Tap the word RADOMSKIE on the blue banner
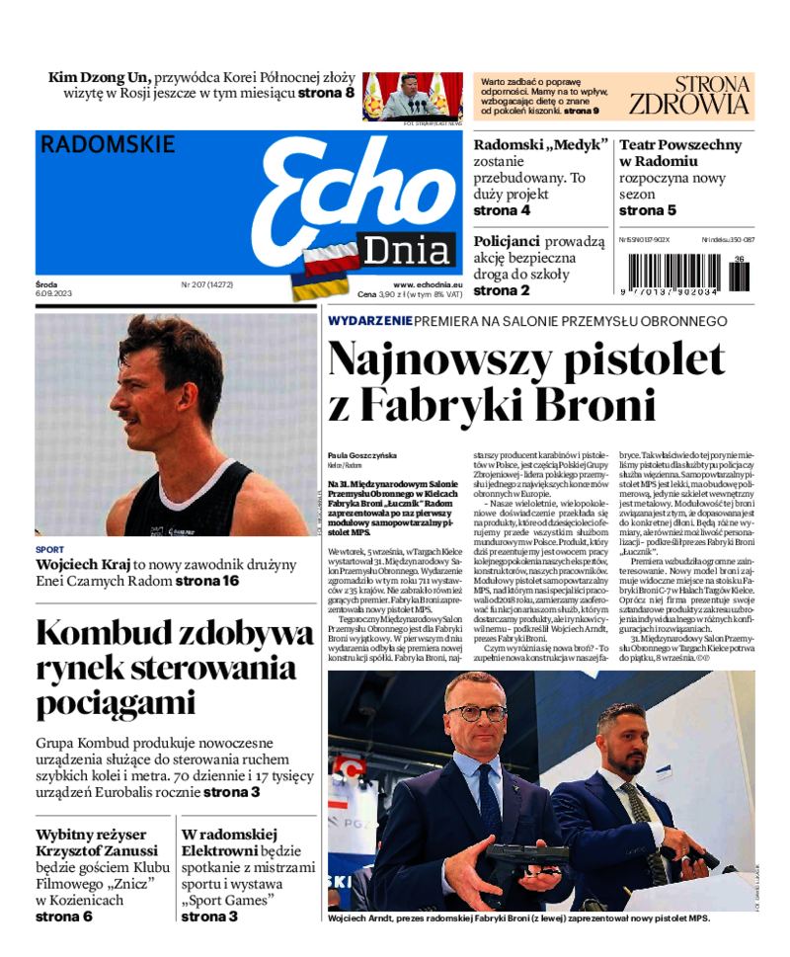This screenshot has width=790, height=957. pyautogui.click(x=108, y=144)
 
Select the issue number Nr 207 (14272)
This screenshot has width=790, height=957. pyautogui.click(x=206, y=284)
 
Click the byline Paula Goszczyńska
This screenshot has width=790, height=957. pyautogui.click(x=359, y=455)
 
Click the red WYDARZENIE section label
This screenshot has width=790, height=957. pyautogui.click(x=369, y=321)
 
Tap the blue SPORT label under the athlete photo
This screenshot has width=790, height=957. pyautogui.click(x=49, y=549)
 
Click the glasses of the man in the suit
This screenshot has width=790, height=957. pyautogui.click(x=476, y=712)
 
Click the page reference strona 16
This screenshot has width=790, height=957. pyautogui.click(x=207, y=581)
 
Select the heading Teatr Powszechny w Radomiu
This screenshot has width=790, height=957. pyautogui.click(x=679, y=152)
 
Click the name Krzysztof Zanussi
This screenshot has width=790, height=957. pyautogui.click(x=97, y=851)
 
